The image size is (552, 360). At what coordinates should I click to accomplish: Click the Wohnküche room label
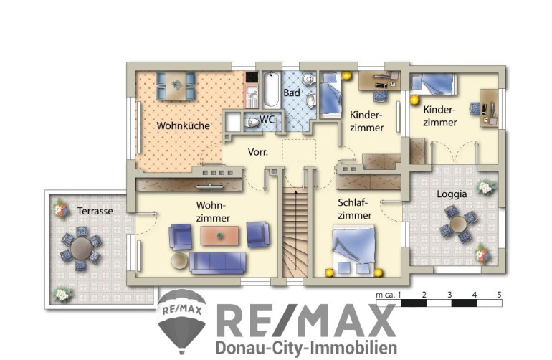coord(183,125)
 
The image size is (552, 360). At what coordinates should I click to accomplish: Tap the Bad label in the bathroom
coord(292,93)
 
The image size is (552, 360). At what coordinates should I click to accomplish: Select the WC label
coord(267,120)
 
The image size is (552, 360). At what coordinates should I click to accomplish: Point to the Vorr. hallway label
coord(258,152)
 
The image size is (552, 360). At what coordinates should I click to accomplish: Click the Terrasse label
coord(95,211)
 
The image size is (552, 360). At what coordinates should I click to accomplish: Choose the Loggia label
coord(452,194)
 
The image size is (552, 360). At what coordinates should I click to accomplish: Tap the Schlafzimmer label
coord(355,209)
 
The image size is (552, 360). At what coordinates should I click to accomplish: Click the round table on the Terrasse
coord(81,248)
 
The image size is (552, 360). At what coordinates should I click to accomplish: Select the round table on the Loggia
coord(458,224)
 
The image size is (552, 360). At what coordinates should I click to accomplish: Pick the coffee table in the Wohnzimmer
coord(219,235)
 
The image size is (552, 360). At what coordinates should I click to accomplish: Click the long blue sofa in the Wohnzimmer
coord(218,262)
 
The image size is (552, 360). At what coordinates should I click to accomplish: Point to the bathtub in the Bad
coord(271,90)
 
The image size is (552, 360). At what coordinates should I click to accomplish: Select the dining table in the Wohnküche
coord(176,85)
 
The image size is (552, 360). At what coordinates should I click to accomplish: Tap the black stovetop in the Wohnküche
coord(252,77)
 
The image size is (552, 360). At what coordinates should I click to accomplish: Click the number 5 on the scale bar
coord(499,295)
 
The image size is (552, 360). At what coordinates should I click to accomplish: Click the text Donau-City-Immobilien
coord(306,347)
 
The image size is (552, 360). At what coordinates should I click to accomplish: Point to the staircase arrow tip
coord(295,191)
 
